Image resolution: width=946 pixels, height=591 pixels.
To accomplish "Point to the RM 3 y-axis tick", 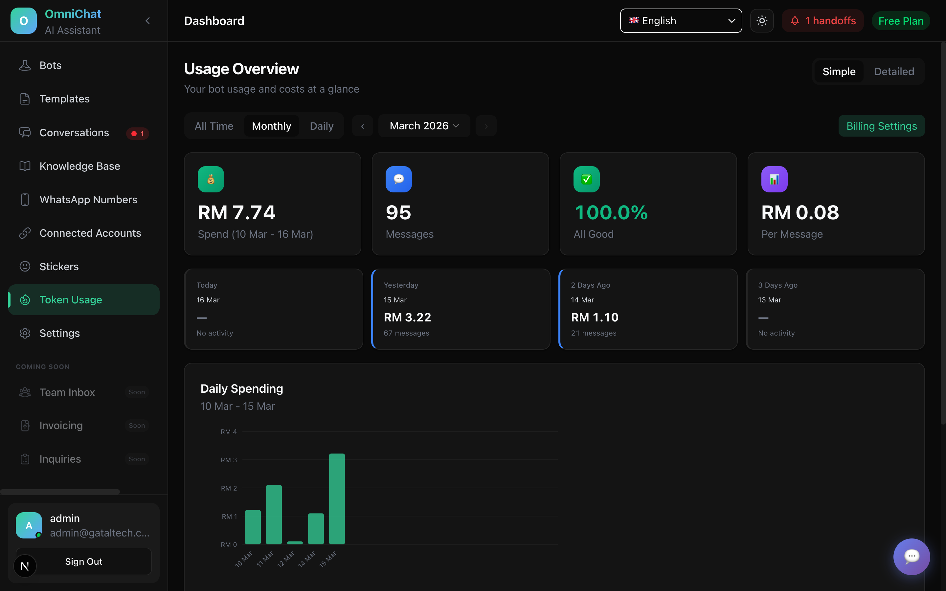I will click(x=229, y=460).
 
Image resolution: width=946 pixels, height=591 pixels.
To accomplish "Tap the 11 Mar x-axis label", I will click(x=265, y=559).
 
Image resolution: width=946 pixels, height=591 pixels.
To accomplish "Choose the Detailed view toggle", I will click(x=894, y=72).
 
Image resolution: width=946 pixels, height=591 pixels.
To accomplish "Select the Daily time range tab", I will click(x=321, y=126).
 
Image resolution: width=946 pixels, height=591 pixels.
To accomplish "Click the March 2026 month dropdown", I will click(x=424, y=126).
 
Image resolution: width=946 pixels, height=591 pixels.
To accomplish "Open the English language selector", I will click(x=681, y=21).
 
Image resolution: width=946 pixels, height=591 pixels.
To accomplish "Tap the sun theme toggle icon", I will click(x=761, y=21).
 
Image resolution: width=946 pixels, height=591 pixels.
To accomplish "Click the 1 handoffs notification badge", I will click(x=822, y=21).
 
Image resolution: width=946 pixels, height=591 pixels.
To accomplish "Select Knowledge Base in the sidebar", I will click(x=80, y=166).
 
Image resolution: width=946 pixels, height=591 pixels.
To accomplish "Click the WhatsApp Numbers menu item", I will click(x=88, y=200).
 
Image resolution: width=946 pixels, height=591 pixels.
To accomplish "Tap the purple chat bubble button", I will click(x=911, y=557).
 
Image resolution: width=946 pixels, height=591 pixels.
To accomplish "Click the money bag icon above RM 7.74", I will click(x=211, y=179).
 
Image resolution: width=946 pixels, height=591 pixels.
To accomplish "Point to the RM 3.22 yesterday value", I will click(x=407, y=317).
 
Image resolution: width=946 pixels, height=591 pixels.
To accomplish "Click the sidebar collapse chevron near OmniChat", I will click(x=148, y=21).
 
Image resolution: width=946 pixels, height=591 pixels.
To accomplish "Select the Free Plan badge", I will click(x=900, y=21).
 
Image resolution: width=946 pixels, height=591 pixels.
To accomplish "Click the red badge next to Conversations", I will click(x=138, y=134).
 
